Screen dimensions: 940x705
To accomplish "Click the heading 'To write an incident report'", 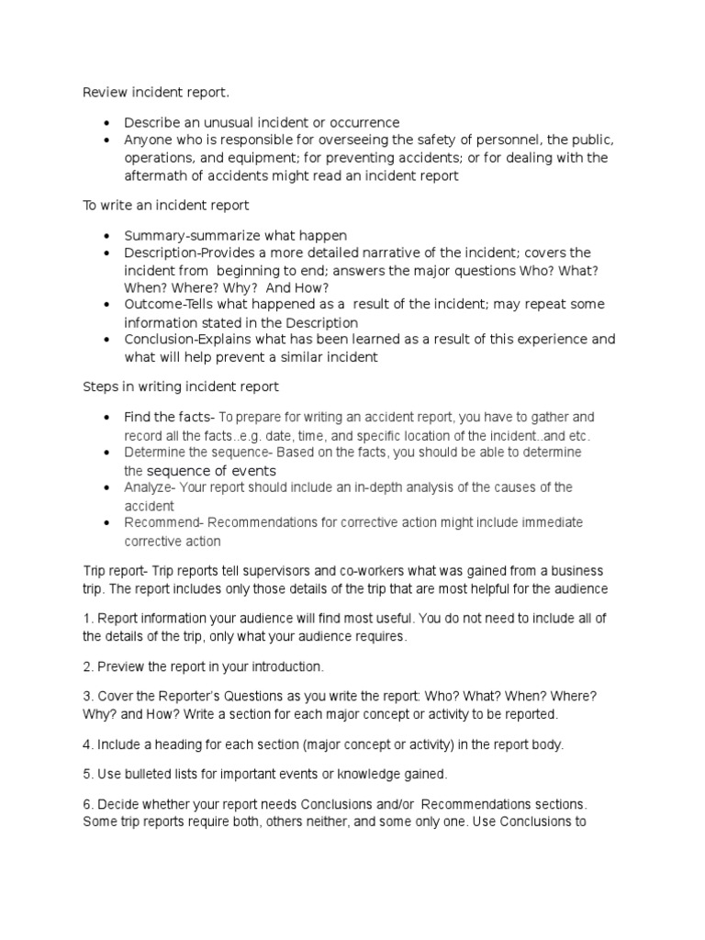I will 165,206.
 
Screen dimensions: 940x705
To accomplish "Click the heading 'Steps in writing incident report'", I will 181,386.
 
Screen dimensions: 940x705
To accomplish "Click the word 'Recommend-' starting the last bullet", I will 162,522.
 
